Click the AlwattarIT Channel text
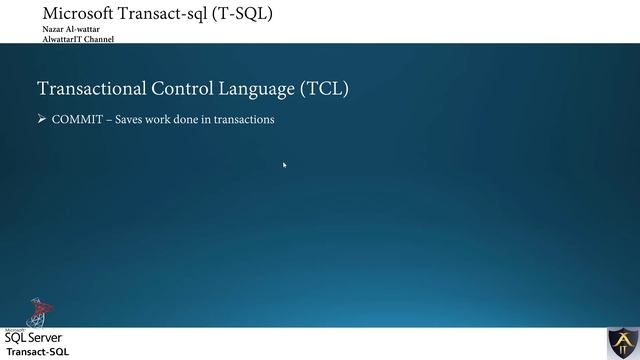(x=78, y=40)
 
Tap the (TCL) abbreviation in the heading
(x=324, y=89)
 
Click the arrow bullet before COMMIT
(x=42, y=120)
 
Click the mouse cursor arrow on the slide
(x=285, y=165)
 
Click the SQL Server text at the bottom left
(x=34, y=338)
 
